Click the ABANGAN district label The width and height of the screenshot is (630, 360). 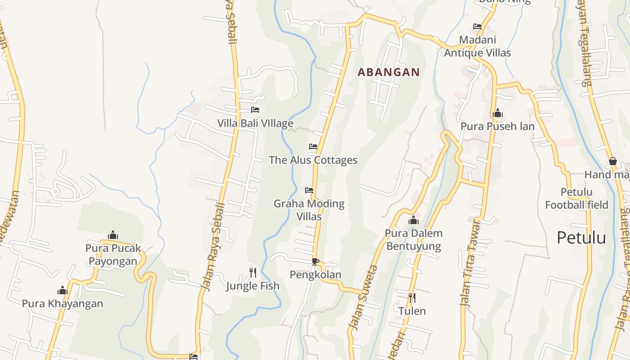tap(388, 72)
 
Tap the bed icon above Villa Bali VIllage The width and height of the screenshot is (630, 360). tap(255, 110)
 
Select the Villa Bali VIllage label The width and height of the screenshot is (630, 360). tap(255, 123)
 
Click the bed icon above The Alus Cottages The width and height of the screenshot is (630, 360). tap(313, 147)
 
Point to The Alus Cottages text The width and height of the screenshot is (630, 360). tap(313, 160)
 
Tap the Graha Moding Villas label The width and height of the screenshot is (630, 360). tap(309, 210)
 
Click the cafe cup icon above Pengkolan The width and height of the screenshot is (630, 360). tap(315, 261)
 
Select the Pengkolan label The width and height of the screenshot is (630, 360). tap(315, 274)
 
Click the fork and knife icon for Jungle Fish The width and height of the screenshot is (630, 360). tap(253, 272)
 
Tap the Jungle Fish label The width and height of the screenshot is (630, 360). tap(253, 286)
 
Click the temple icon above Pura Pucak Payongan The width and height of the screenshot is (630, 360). tap(113, 235)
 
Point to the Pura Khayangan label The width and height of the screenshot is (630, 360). tap(63, 303)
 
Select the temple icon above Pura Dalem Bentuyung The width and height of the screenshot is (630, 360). tap(414, 220)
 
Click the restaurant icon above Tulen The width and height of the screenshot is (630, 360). tap(412, 297)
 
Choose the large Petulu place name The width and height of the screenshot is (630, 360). tap(581, 238)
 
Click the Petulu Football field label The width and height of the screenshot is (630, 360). tap(576, 198)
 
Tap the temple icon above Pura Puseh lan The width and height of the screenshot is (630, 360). tap(497, 113)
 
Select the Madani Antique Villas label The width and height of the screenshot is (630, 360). tap(477, 46)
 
